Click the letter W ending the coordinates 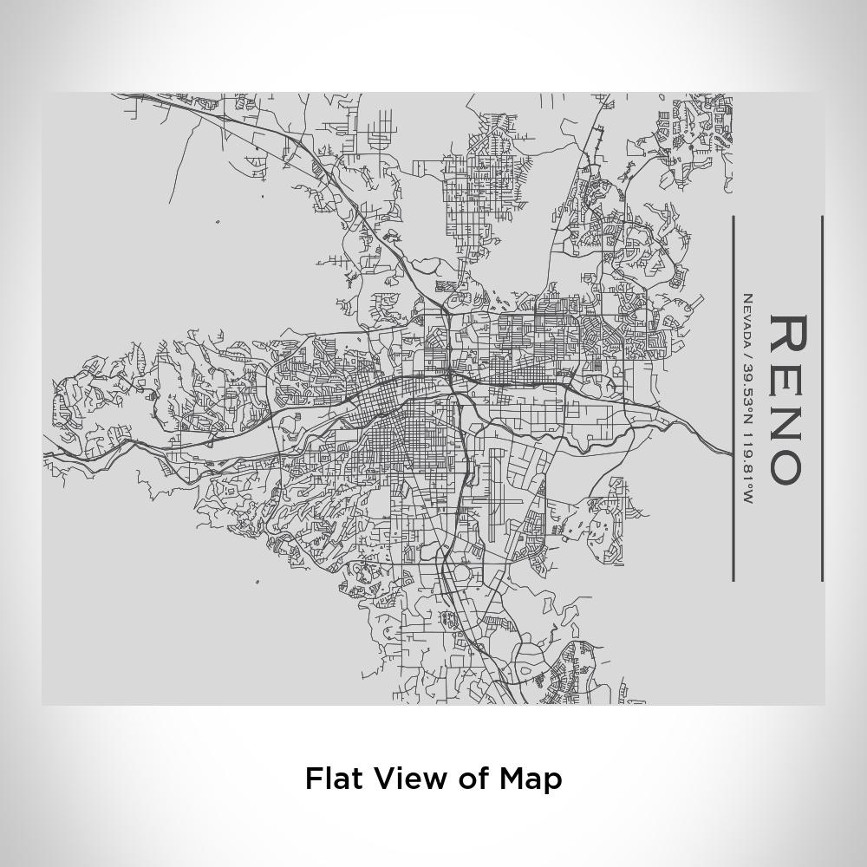coord(747,499)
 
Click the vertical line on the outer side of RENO coord(822,399)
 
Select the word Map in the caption coord(531,778)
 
